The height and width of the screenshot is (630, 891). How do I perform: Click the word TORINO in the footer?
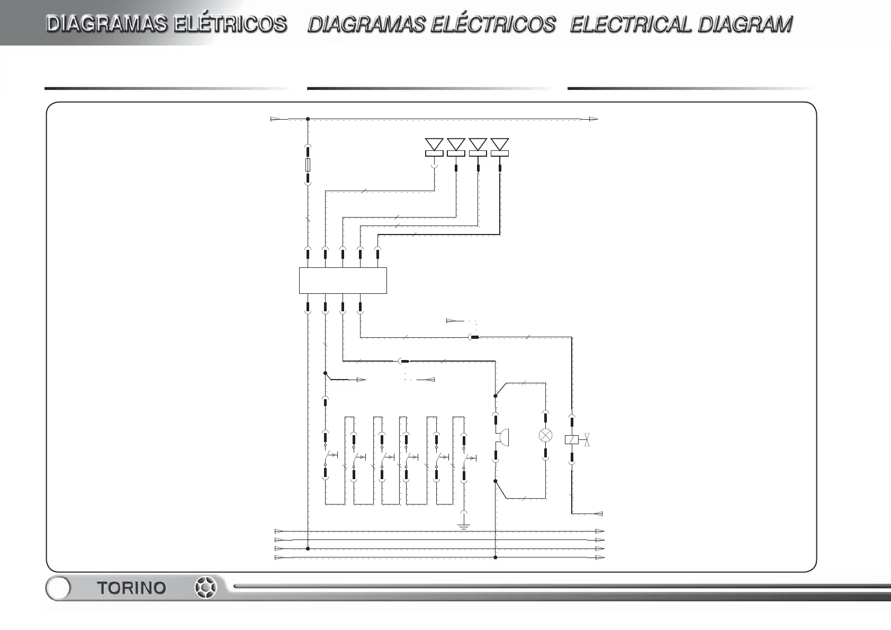tap(131, 588)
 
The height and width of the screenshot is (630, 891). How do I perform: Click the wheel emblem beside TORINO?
tap(205, 588)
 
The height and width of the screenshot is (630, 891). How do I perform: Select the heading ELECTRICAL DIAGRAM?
tap(681, 24)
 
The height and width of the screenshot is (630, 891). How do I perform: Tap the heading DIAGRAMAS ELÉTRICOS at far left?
tap(167, 24)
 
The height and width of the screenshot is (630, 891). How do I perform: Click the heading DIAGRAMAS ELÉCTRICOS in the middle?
tap(431, 24)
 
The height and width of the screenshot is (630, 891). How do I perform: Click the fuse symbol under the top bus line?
tap(308, 165)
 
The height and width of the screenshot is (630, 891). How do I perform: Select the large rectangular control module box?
tap(343, 281)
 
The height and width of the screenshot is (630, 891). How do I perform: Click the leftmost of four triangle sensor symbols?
tap(434, 145)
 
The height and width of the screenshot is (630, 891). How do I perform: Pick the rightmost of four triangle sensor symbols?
tap(500, 145)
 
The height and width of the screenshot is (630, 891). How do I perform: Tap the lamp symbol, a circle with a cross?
tap(545, 436)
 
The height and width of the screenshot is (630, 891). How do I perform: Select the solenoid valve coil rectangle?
tap(572, 439)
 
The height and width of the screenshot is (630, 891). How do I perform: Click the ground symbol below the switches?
tap(464, 526)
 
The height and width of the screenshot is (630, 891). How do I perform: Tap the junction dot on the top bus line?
tap(308, 119)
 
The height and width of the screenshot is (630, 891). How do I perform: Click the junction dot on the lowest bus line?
tap(495, 557)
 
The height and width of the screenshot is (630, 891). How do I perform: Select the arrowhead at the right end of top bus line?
tap(593, 119)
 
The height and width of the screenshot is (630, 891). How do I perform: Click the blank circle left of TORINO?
tap(58, 588)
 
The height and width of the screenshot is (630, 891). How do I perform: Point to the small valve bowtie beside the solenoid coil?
tap(587, 439)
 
